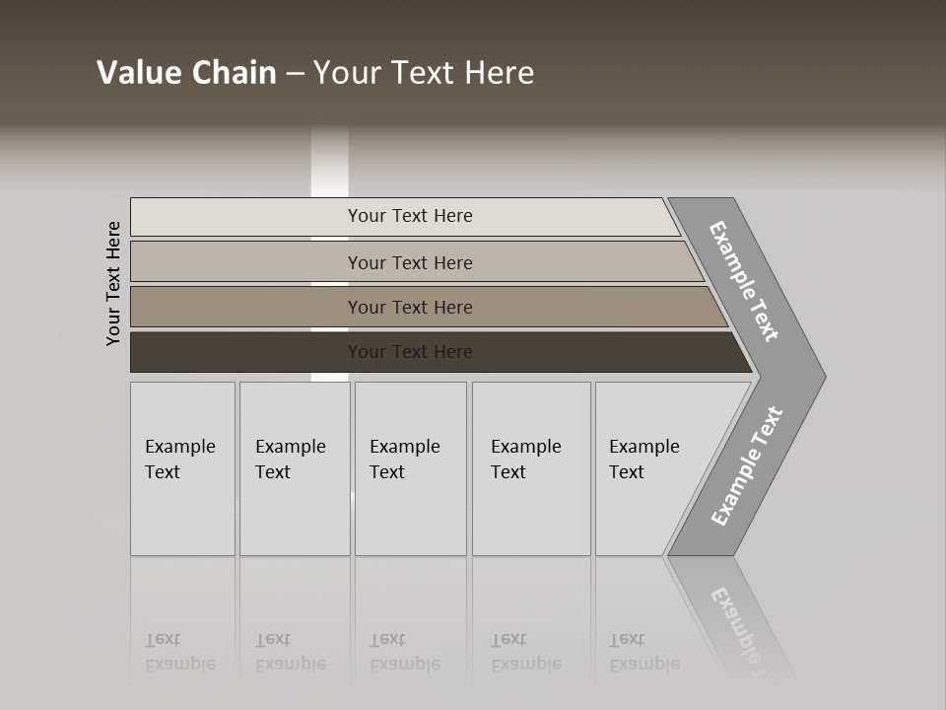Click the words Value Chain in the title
[186, 73]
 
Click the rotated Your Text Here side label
[113, 283]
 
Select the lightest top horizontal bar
[246, 217]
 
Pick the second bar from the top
[246, 262]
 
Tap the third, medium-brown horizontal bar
[246, 307]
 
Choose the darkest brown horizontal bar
[246, 352]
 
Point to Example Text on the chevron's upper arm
[744, 281]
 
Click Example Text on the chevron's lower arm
[747, 465]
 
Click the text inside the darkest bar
[410, 352]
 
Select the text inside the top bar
[410, 216]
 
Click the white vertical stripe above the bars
[330, 163]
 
